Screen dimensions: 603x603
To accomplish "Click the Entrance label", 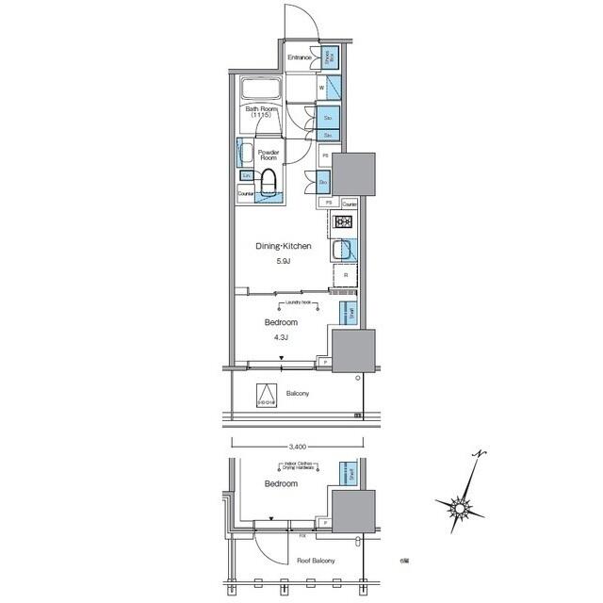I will point(300,57).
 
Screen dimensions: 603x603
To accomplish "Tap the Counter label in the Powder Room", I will point(246,194).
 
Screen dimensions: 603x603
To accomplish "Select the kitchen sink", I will point(344,252).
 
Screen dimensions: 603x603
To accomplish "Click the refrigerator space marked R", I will point(345,276).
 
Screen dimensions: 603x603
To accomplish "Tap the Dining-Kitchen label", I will point(284,247).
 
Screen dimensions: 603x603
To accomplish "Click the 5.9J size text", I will point(284,261).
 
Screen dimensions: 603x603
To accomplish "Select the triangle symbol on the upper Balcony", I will point(268,396).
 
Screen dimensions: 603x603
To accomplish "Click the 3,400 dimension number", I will point(298,446).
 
